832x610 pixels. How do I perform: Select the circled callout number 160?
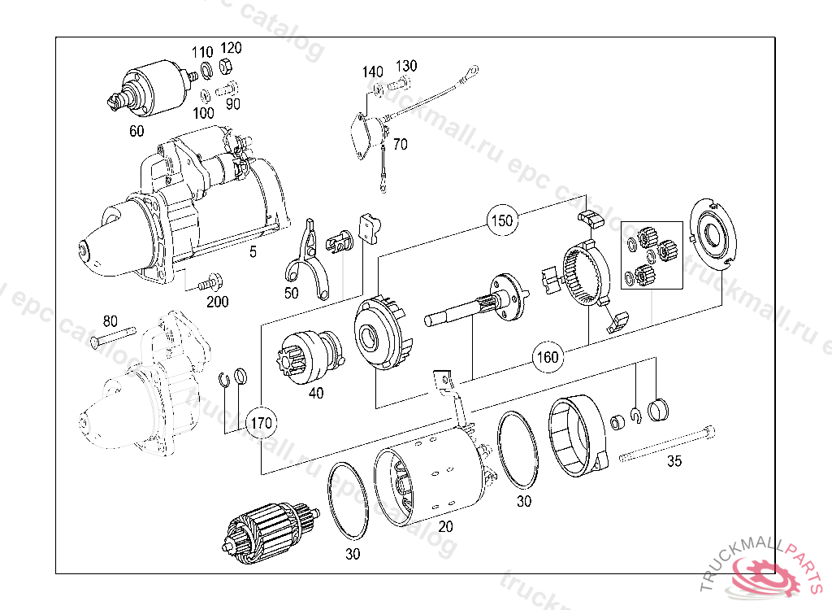coord(547,355)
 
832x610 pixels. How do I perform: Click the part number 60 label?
coord(136,130)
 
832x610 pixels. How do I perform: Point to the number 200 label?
coord(217,302)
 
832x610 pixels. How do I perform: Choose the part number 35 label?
coord(674,462)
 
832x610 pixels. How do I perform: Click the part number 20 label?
coord(445,527)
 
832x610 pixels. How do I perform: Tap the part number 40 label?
coord(316,394)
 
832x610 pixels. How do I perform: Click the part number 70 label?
coord(400,145)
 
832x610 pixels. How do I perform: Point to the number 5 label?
coord(253,252)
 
